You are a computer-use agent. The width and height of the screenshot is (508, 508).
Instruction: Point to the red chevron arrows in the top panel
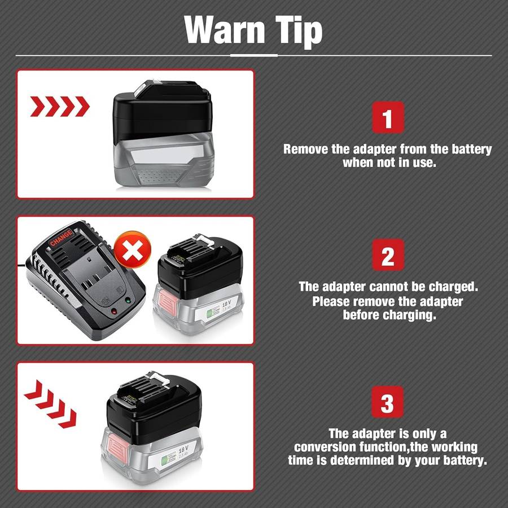pyautogui.click(x=59, y=106)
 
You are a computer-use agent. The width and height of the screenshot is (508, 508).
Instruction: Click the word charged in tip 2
pyautogui.click(x=448, y=286)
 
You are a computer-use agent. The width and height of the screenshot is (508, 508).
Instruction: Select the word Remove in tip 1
pyautogui.click(x=304, y=150)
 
